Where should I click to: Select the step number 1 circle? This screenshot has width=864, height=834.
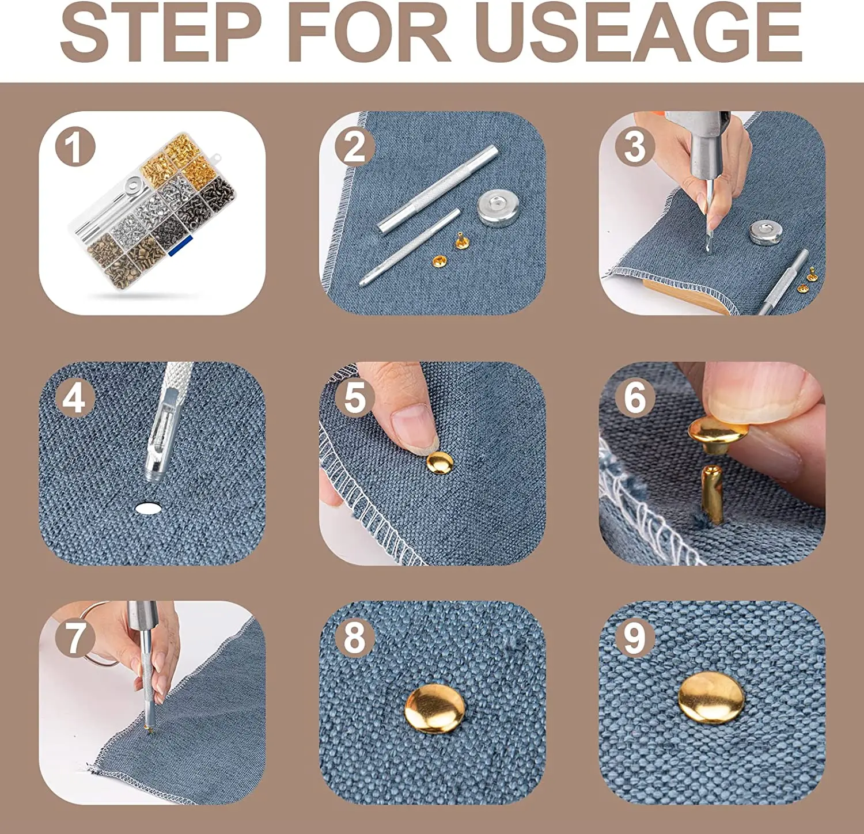(x=75, y=149)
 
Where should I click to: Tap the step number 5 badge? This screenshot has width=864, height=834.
(x=355, y=397)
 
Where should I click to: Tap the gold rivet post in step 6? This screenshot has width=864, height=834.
(x=712, y=494)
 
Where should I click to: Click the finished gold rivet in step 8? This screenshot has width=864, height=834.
(x=434, y=708)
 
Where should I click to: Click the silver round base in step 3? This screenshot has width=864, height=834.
(x=768, y=232)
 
